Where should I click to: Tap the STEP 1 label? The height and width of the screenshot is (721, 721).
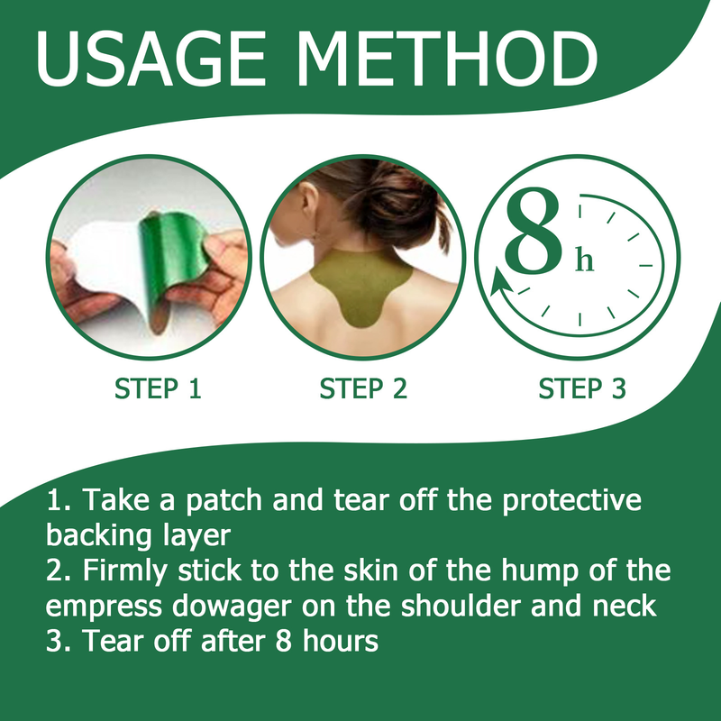(x=158, y=389)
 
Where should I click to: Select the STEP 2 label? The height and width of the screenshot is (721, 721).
(x=364, y=389)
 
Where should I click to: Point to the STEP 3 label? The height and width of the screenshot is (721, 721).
(x=581, y=389)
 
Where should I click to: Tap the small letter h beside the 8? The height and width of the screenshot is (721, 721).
(x=585, y=260)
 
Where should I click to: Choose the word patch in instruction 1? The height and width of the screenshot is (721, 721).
(x=222, y=501)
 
